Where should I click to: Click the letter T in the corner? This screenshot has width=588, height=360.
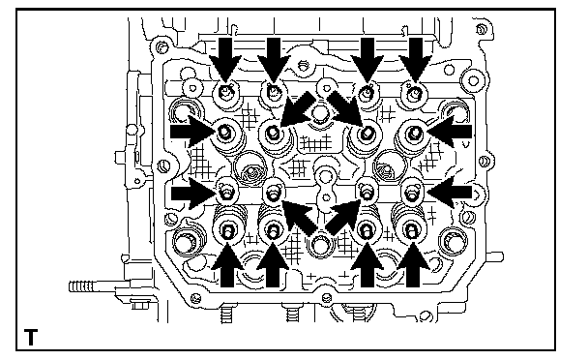click(x=31, y=338)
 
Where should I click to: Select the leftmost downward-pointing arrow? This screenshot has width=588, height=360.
click(x=225, y=59)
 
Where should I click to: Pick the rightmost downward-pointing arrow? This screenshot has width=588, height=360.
click(x=416, y=59)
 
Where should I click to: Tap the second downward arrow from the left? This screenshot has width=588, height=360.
click(x=274, y=59)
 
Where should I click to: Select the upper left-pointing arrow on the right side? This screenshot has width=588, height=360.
click(x=450, y=132)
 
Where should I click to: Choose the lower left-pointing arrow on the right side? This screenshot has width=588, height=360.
click(x=450, y=193)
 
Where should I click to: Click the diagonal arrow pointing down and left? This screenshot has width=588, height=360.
click(x=297, y=108)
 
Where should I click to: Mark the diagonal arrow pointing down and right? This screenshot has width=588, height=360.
click(x=345, y=107)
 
